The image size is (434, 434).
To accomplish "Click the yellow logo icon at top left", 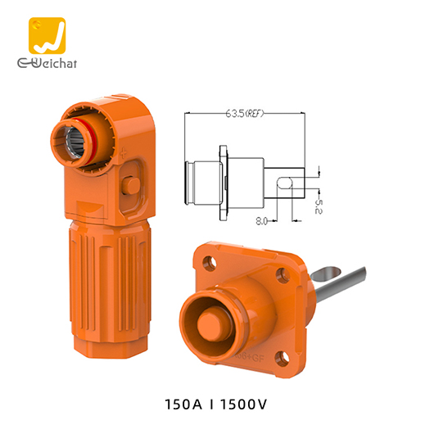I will click(47, 35).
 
